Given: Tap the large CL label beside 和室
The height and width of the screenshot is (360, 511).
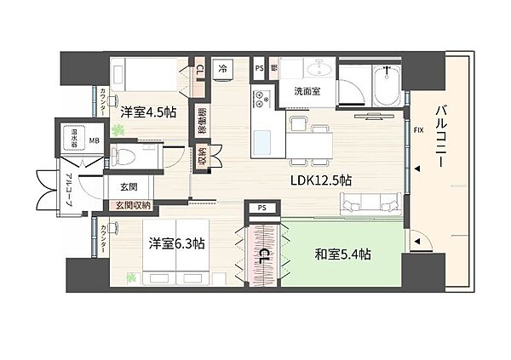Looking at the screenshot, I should coord(264,255).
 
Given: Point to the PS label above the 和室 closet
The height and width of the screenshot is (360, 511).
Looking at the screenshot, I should coord(261,207).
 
